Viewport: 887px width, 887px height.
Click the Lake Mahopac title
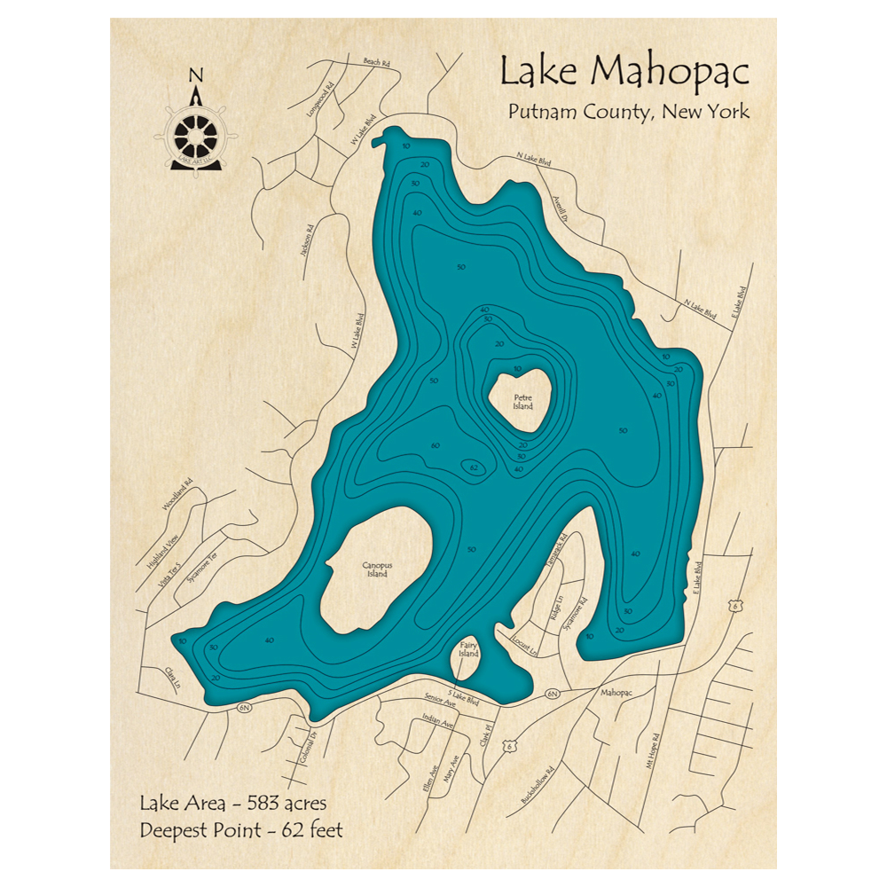click(x=624, y=71)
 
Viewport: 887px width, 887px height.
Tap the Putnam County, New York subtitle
click(x=628, y=113)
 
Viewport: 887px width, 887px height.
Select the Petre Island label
click(x=523, y=403)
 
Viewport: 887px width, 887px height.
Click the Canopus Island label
click(x=376, y=569)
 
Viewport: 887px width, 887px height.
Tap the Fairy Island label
click(x=468, y=649)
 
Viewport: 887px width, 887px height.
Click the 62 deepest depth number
click(x=475, y=467)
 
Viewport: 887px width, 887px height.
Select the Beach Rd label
click(x=377, y=62)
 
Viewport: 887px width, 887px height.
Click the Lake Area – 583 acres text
click(x=233, y=804)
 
